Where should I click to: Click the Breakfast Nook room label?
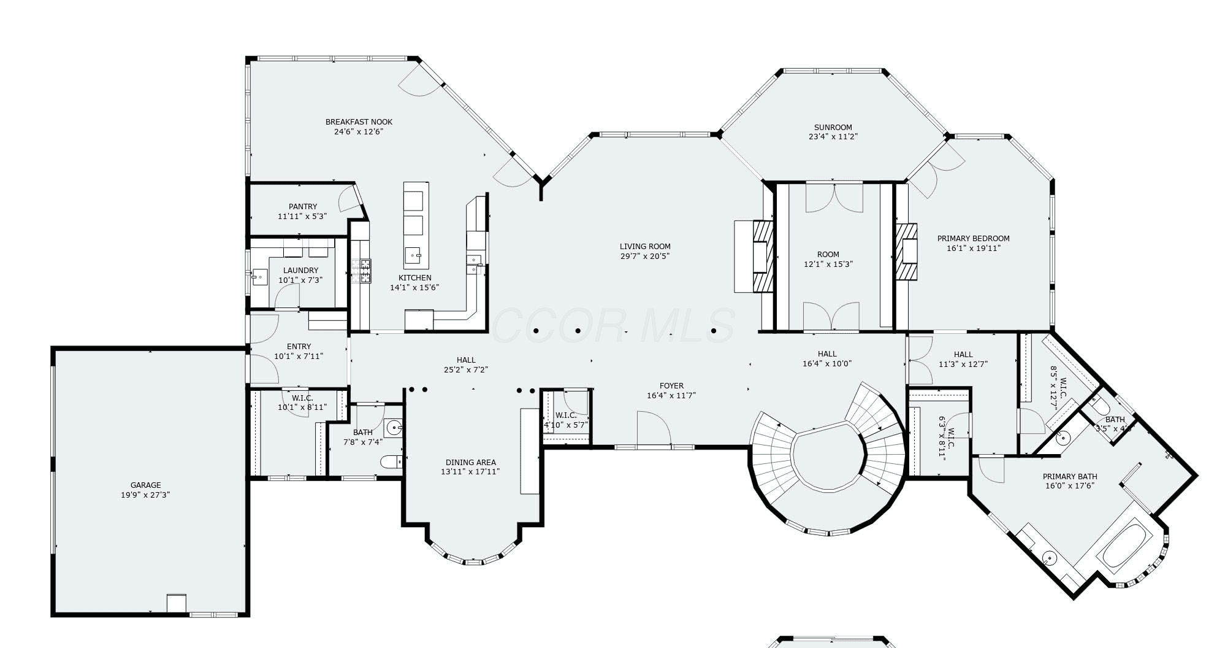click(359, 121)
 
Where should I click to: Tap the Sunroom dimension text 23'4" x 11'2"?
click(833, 137)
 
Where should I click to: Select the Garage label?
click(145, 485)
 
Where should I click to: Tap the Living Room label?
click(645, 247)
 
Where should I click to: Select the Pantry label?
click(303, 207)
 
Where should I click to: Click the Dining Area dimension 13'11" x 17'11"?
click(470, 472)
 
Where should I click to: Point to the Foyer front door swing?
click(653, 428)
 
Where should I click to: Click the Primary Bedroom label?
click(973, 239)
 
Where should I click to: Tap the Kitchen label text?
click(414, 278)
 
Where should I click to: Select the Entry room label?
click(299, 347)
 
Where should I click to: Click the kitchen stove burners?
click(361, 271)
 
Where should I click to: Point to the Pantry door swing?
click(350, 198)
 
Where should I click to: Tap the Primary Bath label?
click(1070, 477)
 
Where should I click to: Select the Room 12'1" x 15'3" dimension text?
click(828, 264)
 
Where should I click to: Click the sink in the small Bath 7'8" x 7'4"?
click(393, 427)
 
